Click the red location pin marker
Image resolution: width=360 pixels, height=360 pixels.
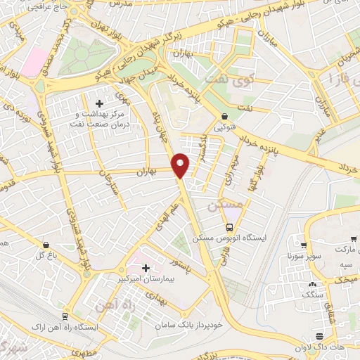point(181,165)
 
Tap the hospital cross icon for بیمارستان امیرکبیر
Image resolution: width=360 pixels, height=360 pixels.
point(146,268)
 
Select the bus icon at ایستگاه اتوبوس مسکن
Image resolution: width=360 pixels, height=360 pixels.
point(230,226)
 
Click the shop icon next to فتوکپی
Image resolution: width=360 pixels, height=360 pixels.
point(224,117)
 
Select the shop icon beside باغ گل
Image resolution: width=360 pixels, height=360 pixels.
point(46,245)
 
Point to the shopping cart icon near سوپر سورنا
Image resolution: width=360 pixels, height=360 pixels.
point(304,245)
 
